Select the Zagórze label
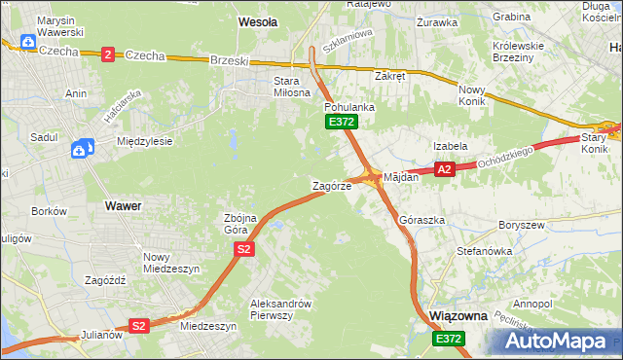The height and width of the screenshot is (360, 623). point(331,185)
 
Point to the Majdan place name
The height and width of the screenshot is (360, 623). point(401,177)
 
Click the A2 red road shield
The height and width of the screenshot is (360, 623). point(445,169)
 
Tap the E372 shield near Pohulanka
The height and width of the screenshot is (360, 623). point(342,122)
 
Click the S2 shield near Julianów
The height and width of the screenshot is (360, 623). point(139,326)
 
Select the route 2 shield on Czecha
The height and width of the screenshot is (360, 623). point(107,54)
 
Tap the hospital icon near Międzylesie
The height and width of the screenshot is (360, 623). point(82,148)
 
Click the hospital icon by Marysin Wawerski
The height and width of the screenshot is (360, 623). point(28,44)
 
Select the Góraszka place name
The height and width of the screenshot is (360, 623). point(421,220)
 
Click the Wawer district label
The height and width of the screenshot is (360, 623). point(123,206)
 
